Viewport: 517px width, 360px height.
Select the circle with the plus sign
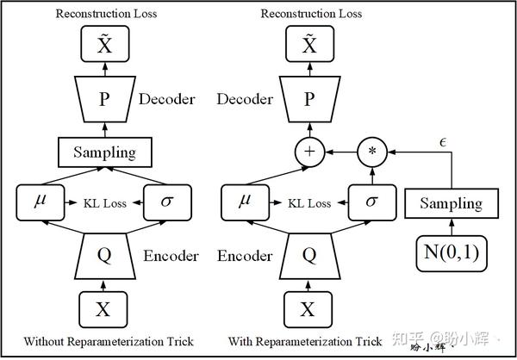click(x=308, y=152)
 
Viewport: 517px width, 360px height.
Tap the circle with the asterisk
click(x=372, y=152)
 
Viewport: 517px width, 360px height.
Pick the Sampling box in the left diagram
click(x=103, y=152)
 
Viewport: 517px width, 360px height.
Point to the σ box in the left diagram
click(x=167, y=203)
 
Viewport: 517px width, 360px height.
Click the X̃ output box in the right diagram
click(x=308, y=43)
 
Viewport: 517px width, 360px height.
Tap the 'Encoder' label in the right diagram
click(x=245, y=256)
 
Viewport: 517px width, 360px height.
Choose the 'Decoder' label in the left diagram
click(x=166, y=99)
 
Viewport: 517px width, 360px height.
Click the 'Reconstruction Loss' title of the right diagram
click(x=308, y=13)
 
